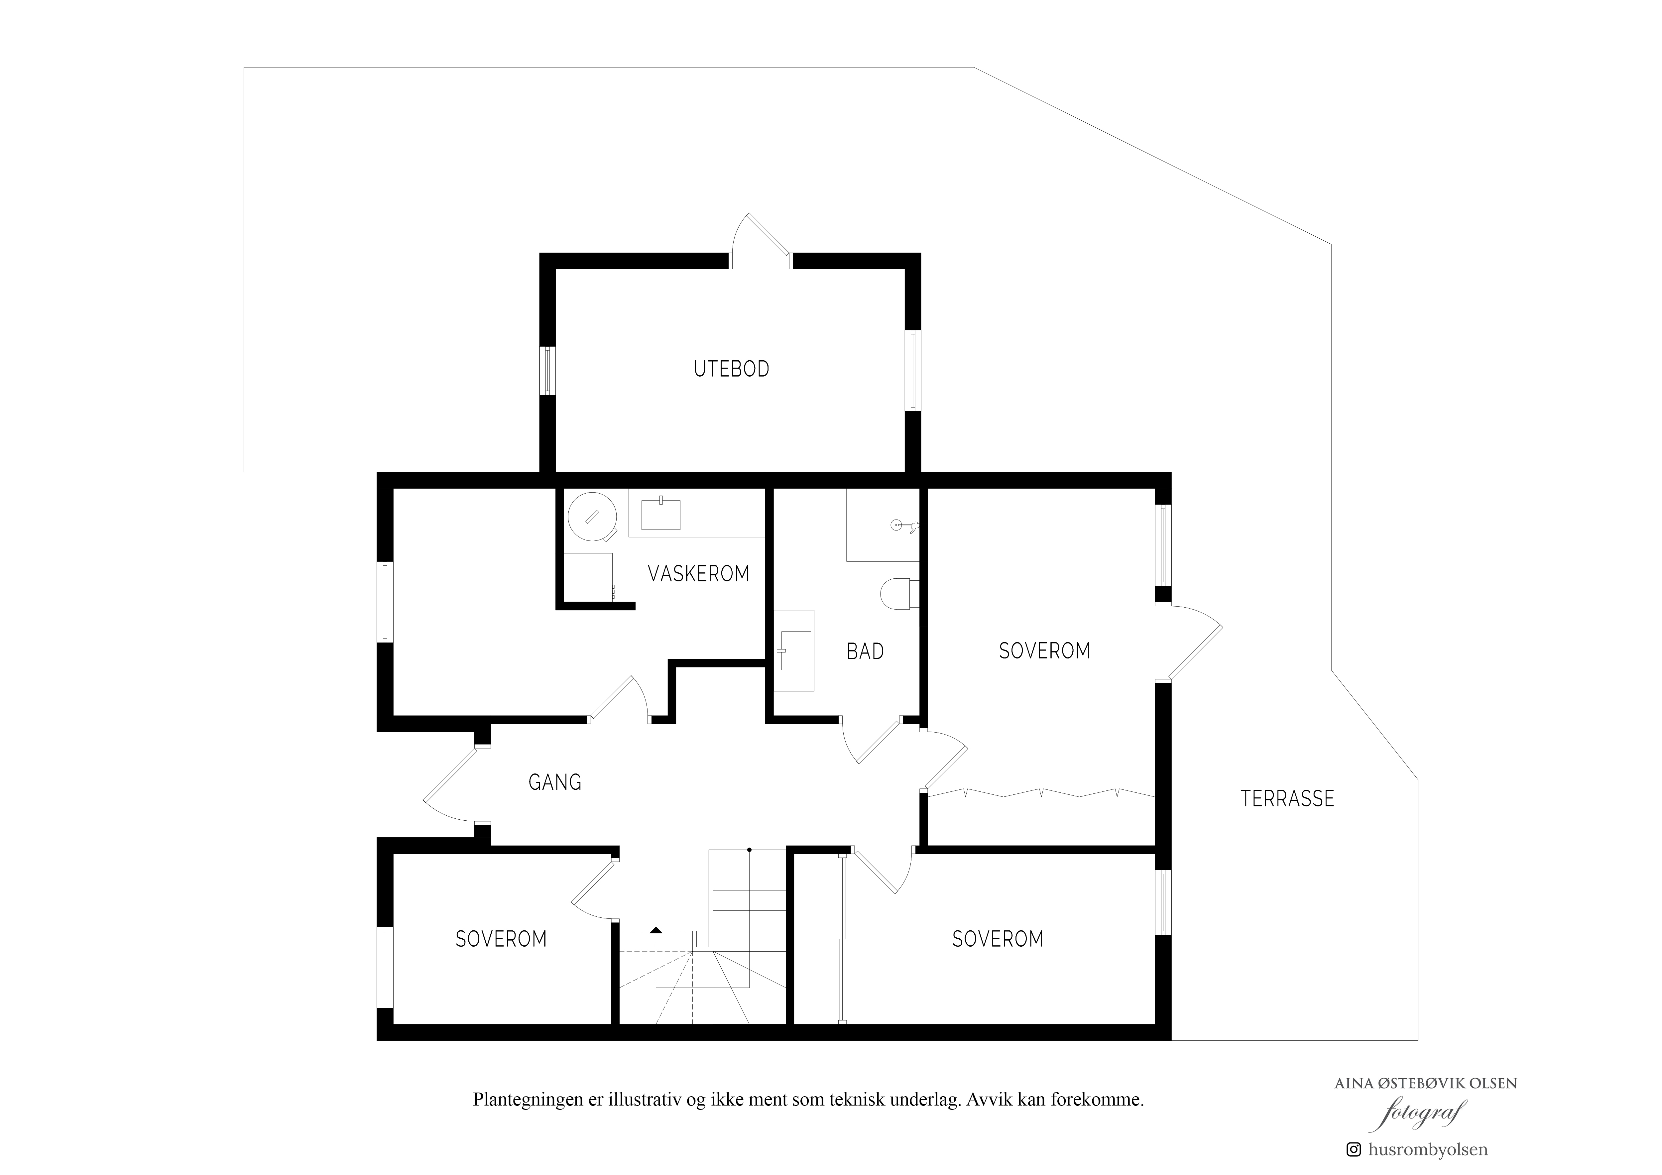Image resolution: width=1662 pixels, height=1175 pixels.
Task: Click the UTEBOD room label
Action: (731, 369)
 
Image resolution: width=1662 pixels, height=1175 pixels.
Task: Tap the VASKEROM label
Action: (698, 574)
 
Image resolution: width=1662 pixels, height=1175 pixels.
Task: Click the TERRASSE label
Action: (1287, 798)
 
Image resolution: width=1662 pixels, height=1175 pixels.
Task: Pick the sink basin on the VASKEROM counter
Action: (661, 513)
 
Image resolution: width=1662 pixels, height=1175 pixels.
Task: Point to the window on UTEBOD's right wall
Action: (913, 371)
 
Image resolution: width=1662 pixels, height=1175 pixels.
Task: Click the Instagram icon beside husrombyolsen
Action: (1353, 1149)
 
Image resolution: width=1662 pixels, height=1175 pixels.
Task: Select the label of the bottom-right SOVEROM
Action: (998, 940)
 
